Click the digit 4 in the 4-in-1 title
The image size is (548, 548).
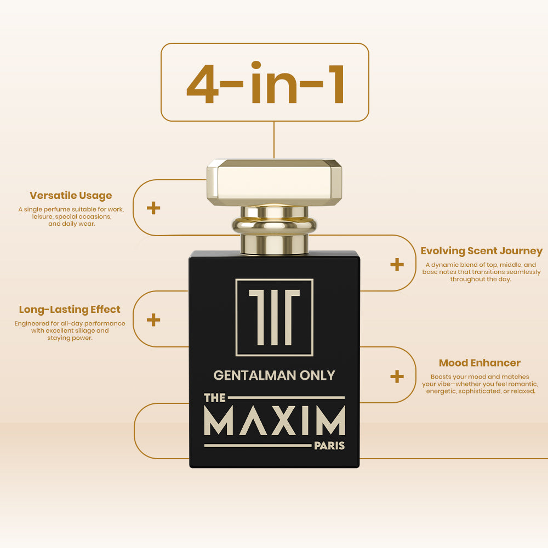pyautogui.click(x=202, y=84)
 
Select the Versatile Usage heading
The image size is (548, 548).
pyautogui.click(x=71, y=196)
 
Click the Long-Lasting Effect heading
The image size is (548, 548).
pyautogui.click(x=70, y=310)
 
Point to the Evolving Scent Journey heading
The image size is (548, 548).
pyautogui.click(x=481, y=251)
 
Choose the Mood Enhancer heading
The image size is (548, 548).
pyautogui.click(x=480, y=363)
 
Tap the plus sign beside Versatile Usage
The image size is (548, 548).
pyautogui.click(x=153, y=208)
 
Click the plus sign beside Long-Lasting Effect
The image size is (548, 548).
pyautogui.click(x=153, y=320)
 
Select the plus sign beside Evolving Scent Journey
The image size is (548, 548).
pyautogui.click(x=397, y=265)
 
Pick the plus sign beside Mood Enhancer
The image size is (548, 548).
pyautogui.click(x=397, y=376)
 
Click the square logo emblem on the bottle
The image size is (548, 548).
pyautogui.click(x=275, y=317)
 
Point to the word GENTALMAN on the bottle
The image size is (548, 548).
pyautogui.click(x=255, y=375)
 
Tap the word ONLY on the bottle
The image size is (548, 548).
pyautogui.click(x=317, y=375)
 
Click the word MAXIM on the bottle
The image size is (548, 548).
pyautogui.click(x=275, y=420)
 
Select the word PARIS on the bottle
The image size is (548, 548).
pyautogui.click(x=329, y=446)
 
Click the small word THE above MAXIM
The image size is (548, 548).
pyautogui.click(x=215, y=398)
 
